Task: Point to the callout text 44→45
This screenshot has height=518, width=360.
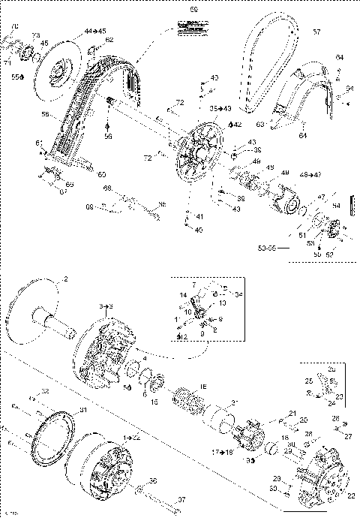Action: click(x=95, y=30)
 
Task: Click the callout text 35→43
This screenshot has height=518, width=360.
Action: click(x=220, y=109)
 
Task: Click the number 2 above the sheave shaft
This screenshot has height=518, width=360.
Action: click(x=65, y=279)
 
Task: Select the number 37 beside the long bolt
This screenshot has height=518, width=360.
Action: click(x=181, y=499)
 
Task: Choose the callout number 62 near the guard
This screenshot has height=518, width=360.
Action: click(x=109, y=39)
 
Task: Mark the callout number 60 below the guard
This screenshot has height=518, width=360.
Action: click(x=102, y=174)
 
